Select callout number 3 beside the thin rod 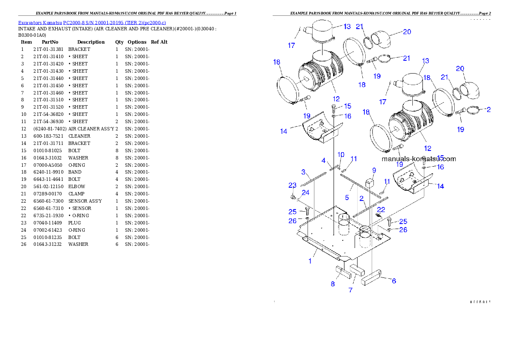click(303, 172)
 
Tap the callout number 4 click(324, 161)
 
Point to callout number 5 click(347, 198)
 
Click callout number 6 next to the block click(394, 281)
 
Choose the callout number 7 click(350, 290)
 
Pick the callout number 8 click(333, 283)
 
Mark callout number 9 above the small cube click(374, 170)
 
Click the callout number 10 click(341, 154)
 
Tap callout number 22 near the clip click(381, 210)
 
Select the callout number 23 click(292, 186)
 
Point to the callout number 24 click(305, 193)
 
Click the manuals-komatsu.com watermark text click(418, 159)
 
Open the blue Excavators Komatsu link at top click(92, 23)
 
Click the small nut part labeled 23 click(292, 197)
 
